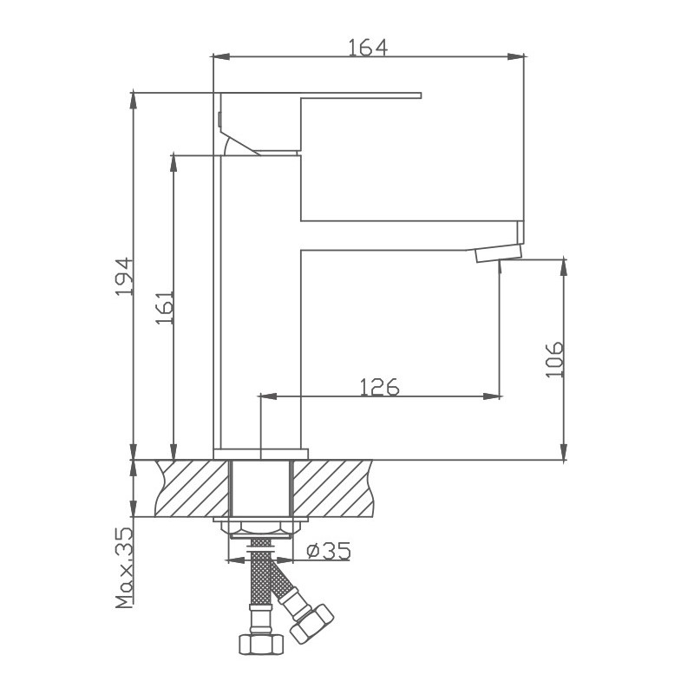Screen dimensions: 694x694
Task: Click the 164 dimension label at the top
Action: [367, 47]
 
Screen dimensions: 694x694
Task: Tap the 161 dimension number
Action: [165, 306]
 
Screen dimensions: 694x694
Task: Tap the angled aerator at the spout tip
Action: [498, 253]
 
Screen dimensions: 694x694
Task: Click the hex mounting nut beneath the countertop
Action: [259, 528]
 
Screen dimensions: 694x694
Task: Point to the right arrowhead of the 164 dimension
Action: [520, 58]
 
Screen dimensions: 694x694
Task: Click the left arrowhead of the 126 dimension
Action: [266, 397]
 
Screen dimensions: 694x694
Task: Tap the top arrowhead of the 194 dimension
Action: [134, 95]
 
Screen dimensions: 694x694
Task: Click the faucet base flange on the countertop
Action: [260, 453]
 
